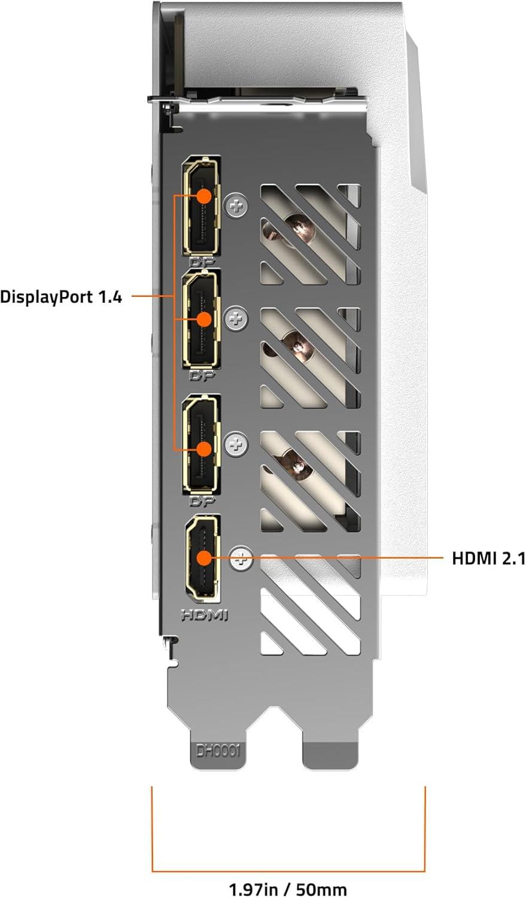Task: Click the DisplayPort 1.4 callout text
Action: click(61, 297)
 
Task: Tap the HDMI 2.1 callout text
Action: click(488, 558)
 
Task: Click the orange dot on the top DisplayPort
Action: click(204, 196)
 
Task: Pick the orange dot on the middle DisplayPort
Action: click(204, 320)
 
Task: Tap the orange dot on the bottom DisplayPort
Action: click(204, 449)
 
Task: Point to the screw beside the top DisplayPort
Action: click(237, 207)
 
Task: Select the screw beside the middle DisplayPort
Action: click(237, 320)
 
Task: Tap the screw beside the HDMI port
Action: click(242, 557)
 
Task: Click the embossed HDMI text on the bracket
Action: click(205, 615)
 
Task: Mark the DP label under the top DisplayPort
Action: click(202, 262)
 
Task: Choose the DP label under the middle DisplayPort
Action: click(202, 375)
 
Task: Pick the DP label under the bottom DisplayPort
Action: click(202, 500)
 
